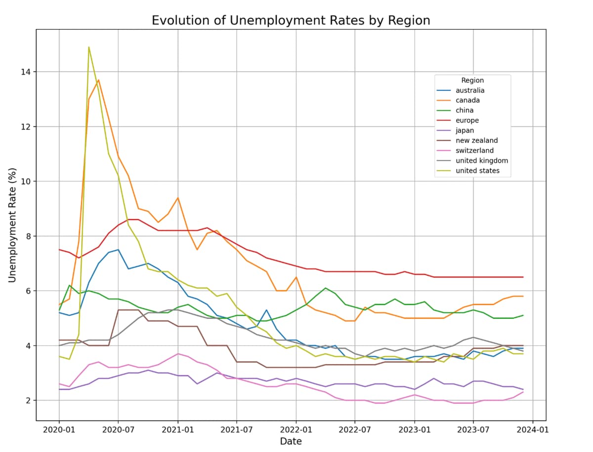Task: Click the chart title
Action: click(291, 20)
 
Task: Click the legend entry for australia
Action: click(470, 90)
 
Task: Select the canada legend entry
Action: click(467, 100)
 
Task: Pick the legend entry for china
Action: click(465, 111)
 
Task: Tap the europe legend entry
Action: click(467, 120)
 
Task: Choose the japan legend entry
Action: click(466, 131)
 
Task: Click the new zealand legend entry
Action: click(476, 141)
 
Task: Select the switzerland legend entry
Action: click(474, 151)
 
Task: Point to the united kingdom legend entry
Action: click(482, 161)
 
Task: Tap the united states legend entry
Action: click(477, 171)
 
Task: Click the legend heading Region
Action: click(472, 80)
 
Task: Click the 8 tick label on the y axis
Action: click(28, 236)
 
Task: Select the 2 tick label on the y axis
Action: click(28, 401)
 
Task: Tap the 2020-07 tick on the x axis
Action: click(118, 430)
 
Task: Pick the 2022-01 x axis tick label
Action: click(296, 430)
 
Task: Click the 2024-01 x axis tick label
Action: click(533, 430)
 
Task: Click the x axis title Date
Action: click(291, 441)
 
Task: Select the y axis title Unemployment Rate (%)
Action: click(12, 226)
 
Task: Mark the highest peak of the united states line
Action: click(89, 47)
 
